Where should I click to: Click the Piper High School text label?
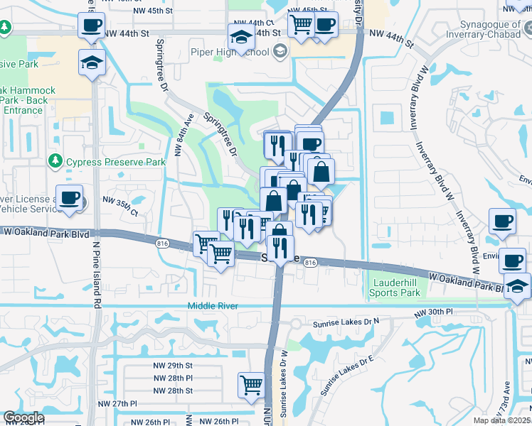point(229,51)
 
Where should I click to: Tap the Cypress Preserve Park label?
point(115,162)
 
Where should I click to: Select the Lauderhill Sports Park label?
point(396,288)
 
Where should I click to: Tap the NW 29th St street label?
point(173,366)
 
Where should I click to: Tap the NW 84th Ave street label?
point(183,137)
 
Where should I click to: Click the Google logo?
point(23,417)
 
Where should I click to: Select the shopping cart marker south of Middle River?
point(252,385)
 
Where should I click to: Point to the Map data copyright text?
point(502,420)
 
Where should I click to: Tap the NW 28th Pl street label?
point(173,378)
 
